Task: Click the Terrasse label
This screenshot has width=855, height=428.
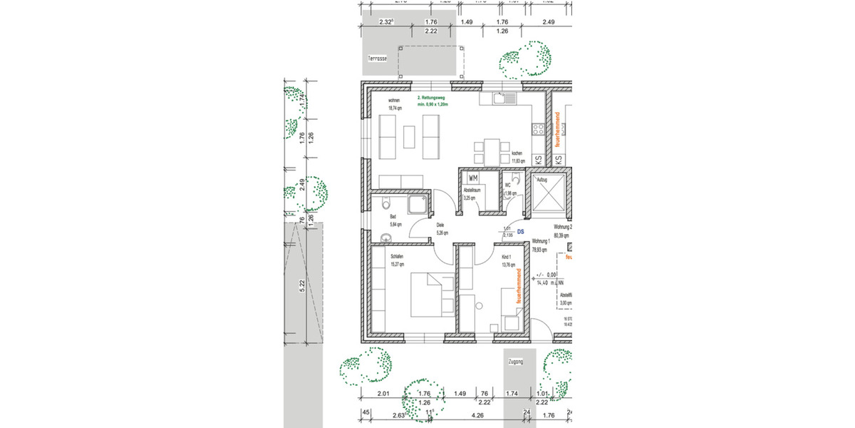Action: (x=377, y=58)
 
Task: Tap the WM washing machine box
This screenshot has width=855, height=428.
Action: (x=472, y=177)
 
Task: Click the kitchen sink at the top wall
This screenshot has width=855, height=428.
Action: (x=507, y=98)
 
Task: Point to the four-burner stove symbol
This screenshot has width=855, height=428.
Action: (x=537, y=129)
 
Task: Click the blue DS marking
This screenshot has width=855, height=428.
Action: (x=521, y=231)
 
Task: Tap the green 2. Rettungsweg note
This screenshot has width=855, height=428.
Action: (x=435, y=101)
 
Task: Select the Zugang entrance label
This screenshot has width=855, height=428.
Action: (x=514, y=362)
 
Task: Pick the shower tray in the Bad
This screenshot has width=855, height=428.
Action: (x=417, y=205)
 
